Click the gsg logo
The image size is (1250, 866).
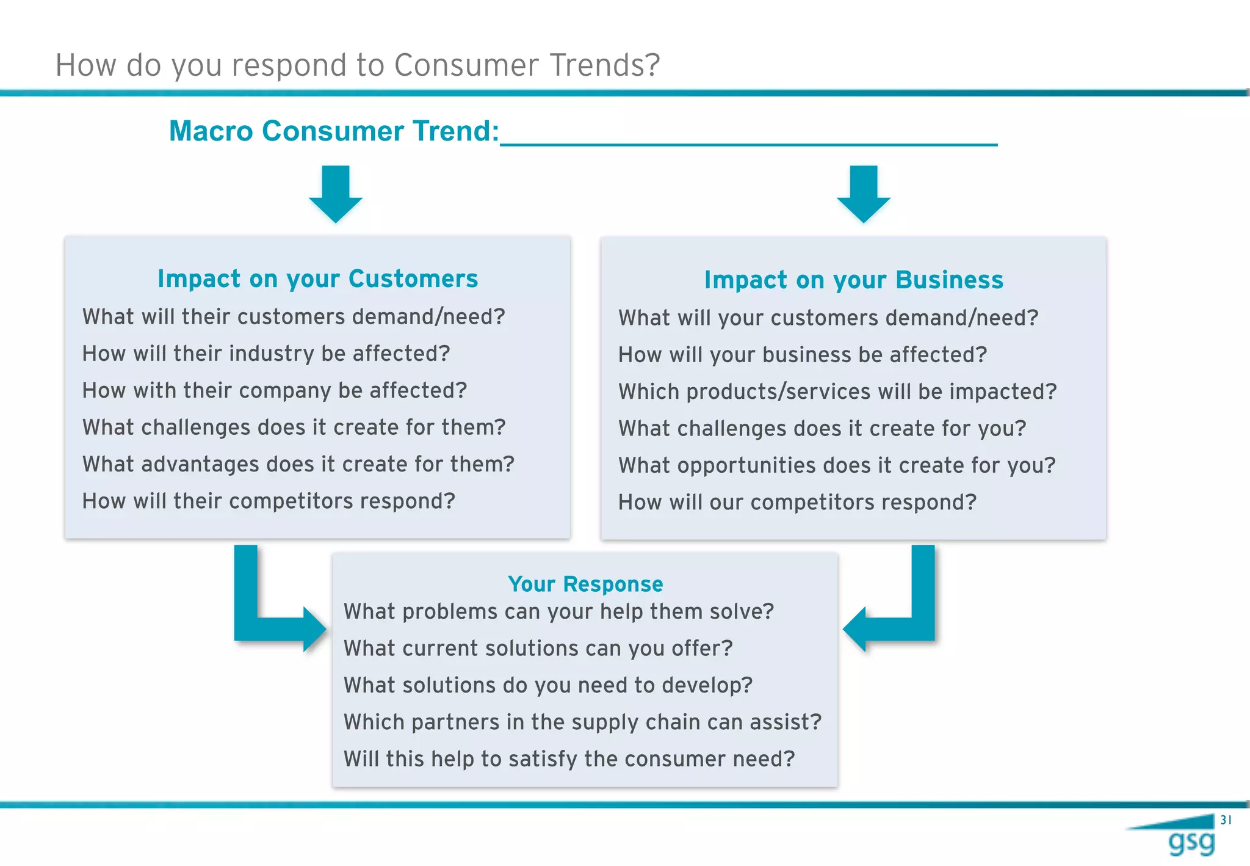[x=1190, y=842]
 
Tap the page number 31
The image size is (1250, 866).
[x=1226, y=820]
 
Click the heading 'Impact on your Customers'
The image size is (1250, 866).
[x=317, y=278]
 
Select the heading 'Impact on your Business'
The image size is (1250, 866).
[x=853, y=280]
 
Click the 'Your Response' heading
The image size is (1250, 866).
[x=585, y=584]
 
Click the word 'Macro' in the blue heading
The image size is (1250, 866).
[x=211, y=131]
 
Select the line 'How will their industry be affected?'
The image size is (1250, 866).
[x=266, y=354]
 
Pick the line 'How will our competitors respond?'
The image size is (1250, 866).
[x=797, y=502]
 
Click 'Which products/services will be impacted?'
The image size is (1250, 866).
[x=837, y=391]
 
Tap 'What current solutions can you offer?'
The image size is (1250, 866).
[x=538, y=648]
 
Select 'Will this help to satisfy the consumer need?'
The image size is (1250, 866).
[x=569, y=759]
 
